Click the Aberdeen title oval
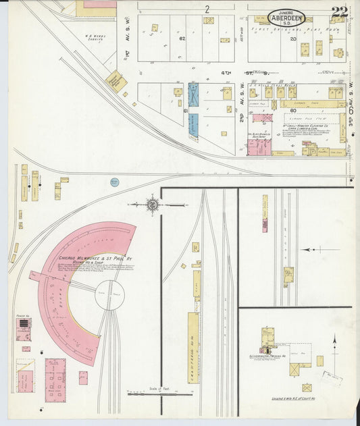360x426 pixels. coord(286,19)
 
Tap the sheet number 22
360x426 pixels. coord(340,13)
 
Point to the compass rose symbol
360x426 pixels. coord(153,203)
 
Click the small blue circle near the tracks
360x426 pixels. coord(114,182)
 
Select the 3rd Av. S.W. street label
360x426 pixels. coord(351,108)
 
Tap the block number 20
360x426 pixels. coord(292,39)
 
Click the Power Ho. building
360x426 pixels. coord(24,329)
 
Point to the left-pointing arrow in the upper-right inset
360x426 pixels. coord(312,249)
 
